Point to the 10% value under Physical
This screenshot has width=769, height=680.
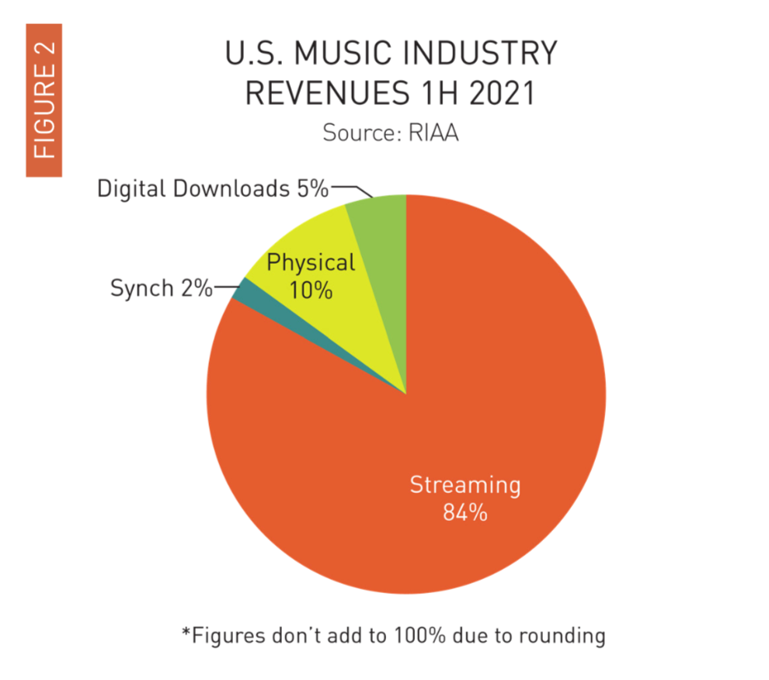[x=311, y=291]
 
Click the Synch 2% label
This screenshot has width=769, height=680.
[x=161, y=288]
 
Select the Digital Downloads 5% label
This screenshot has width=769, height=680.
[x=213, y=189]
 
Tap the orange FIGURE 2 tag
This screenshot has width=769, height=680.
[x=44, y=99]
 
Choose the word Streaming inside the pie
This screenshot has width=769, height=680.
[x=465, y=486]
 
